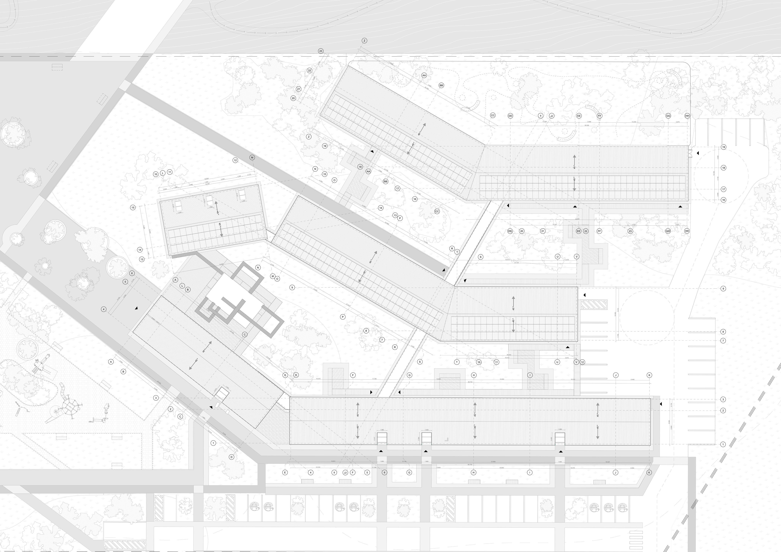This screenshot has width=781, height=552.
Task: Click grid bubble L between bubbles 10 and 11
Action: click(163, 173)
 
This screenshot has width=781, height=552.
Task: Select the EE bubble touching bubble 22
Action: click(578, 231)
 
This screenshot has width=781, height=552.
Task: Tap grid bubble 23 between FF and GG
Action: click(630, 231)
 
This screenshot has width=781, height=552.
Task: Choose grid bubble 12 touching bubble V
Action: click(582, 362)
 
